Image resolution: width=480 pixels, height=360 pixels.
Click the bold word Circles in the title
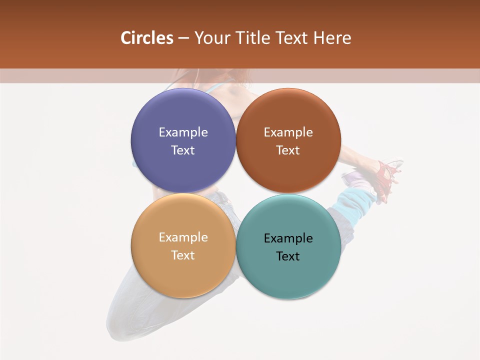pyautogui.click(x=146, y=38)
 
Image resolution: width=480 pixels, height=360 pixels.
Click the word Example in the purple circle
pyautogui.click(x=183, y=132)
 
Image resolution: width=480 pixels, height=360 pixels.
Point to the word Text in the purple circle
pyautogui.click(x=183, y=150)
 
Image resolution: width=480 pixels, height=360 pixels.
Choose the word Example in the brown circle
pyautogui.click(x=288, y=132)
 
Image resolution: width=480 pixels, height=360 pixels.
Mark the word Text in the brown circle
pyautogui.click(x=288, y=150)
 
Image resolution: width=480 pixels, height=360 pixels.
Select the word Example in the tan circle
pyautogui.click(x=183, y=237)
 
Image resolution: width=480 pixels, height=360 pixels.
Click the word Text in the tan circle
pyautogui.click(x=183, y=255)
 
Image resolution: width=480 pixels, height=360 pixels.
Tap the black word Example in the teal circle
pyautogui.click(x=288, y=238)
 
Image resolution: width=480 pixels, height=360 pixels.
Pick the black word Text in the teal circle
pyautogui.click(x=288, y=256)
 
